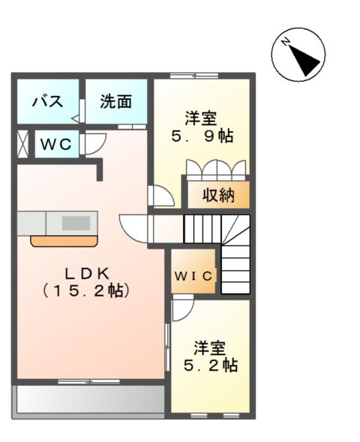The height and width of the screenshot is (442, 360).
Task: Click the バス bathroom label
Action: pyautogui.click(x=46, y=102)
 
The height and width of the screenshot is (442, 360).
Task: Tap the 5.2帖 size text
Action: pyautogui.click(x=211, y=366)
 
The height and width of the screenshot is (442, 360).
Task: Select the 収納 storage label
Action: pyautogui.click(x=217, y=196)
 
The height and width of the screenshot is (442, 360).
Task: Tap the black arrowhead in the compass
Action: pyautogui.click(x=307, y=59)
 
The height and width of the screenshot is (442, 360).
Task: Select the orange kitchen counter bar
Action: pyautogui.click(x=64, y=240)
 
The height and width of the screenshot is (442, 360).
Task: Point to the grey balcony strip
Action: pyautogui.click(x=89, y=399)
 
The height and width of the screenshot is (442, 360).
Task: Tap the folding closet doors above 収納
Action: pyautogui.click(x=216, y=168)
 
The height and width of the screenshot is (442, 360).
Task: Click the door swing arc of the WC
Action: pyautogui.click(x=94, y=145)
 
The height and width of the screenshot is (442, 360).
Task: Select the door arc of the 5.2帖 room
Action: pyautogui.click(x=181, y=309)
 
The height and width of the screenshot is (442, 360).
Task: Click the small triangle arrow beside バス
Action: pyautogui.click(x=75, y=118)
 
